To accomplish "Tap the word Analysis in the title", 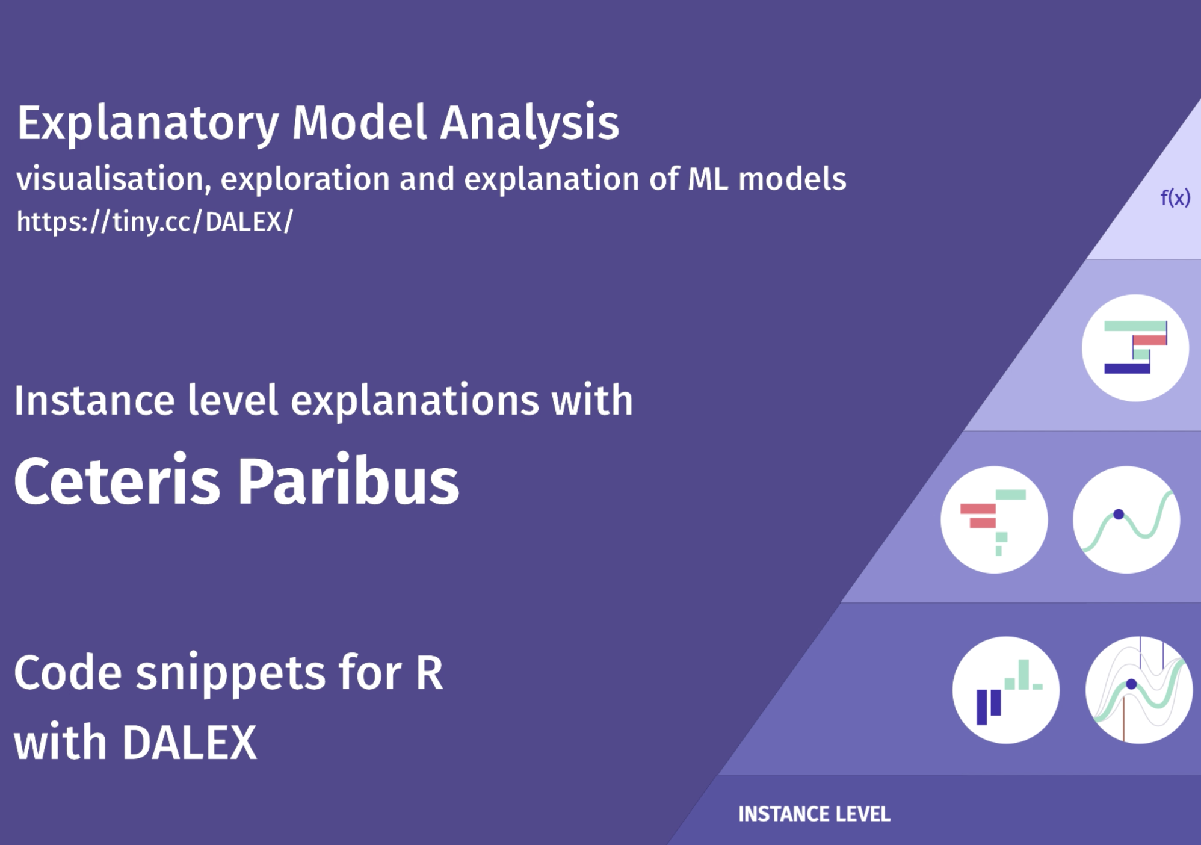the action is pyautogui.click(x=529, y=123).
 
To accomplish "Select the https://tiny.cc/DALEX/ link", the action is pyautogui.click(x=155, y=222).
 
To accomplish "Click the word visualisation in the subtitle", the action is pyautogui.click(x=114, y=179).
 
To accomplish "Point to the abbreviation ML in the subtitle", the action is pyautogui.click(x=708, y=179).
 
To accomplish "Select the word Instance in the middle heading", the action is pyautogui.click(x=94, y=400).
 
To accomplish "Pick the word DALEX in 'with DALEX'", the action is pyautogui.click(x=190, y=743).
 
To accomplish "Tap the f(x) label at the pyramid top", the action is pyautogui.click(x=1175, y=197).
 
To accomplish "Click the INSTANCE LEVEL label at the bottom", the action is pyautogui.click(x=814, y=814).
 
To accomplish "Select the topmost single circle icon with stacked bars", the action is pyautogui.click(x=1135, y=348).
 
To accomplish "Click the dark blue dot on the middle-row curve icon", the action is pyautogui.click(x=1119, y=515).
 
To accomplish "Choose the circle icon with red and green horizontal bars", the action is pyautogui.click(x=994, y=519).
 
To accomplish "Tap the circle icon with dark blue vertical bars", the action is pyautogui.click(x=1005, y=690).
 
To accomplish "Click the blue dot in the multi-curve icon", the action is pyautogui.click(x=1131, y=684).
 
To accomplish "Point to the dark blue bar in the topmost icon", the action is pyautogui.click(x=1127, y=368).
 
